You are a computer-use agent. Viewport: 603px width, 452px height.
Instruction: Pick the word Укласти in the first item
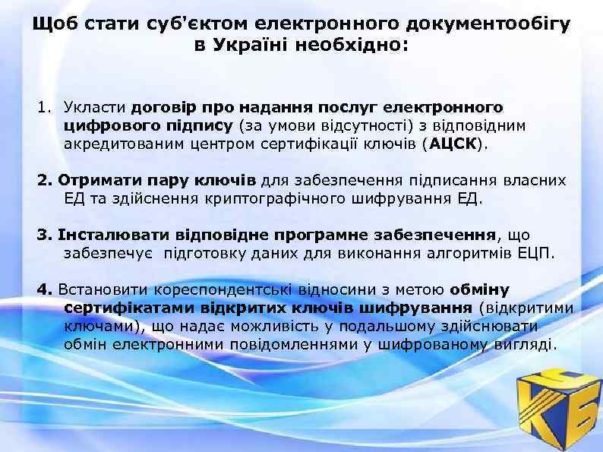click(95, 107)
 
